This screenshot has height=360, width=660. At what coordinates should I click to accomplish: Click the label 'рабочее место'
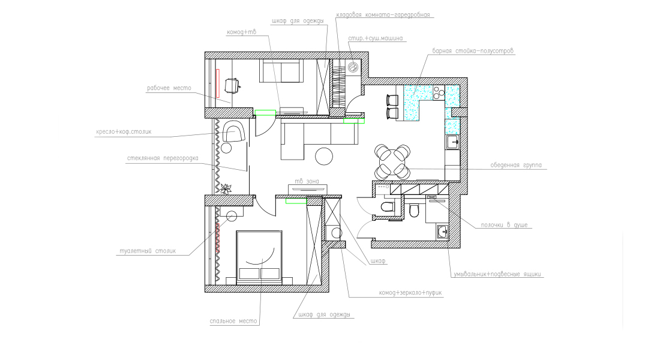[x=169, y=88]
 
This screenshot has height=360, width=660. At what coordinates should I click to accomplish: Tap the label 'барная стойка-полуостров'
[x=473, y=51]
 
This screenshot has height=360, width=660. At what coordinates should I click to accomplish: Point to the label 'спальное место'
[x=233, y=321]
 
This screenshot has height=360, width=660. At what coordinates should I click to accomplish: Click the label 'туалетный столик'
[x=148, y=251]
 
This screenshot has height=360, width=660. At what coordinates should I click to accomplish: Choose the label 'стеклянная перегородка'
[x=163, y=158]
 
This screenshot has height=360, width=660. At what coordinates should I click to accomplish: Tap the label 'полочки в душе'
[x=504, y=225]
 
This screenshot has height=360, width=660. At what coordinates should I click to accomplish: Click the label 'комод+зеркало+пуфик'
[x=410, y=293]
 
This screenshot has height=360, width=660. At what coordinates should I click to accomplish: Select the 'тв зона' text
[x=307, y=181]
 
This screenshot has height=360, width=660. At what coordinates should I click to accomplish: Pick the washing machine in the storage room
[x=353, y=67]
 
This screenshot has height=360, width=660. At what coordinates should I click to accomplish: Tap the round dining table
[x=392, y=161]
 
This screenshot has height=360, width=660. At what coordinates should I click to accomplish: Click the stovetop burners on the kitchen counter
[x=439, y=92]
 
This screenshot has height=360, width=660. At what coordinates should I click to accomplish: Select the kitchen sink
[x=452, y=142]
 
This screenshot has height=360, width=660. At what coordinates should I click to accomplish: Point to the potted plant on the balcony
[x=226, y=188]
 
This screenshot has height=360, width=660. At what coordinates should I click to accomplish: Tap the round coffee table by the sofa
[x=324, y=156]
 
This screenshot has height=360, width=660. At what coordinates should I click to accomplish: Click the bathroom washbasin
[x=442, y=232]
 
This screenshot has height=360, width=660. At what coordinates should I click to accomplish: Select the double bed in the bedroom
[x=259, y=257]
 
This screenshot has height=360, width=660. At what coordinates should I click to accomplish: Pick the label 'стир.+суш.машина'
[x=375, y=38]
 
